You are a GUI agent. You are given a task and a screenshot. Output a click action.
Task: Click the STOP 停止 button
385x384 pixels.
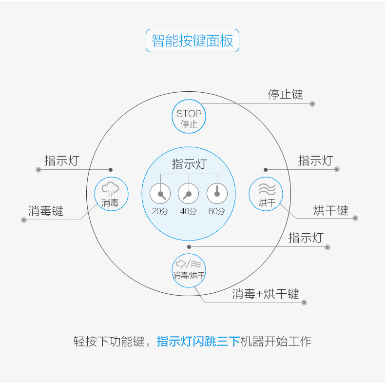189,117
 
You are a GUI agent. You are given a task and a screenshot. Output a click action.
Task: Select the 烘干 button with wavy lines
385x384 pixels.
266,193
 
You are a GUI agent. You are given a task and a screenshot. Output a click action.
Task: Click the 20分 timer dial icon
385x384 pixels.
160,194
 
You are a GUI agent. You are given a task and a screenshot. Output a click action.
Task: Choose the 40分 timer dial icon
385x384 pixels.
189,194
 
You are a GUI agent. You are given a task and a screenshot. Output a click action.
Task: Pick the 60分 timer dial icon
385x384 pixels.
217,194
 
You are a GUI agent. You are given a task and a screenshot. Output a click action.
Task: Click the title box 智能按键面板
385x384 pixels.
192,40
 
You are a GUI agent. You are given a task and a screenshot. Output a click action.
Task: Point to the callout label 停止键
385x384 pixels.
286,94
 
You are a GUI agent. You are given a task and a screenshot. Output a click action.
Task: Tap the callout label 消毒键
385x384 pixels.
46,211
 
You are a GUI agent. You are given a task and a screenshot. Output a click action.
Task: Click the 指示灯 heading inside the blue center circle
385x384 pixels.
189,164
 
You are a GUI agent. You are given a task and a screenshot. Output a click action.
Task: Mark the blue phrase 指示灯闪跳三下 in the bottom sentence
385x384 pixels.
198,341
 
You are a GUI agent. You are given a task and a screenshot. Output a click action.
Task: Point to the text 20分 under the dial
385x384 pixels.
160,212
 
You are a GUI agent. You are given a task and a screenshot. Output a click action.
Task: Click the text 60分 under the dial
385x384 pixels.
217,212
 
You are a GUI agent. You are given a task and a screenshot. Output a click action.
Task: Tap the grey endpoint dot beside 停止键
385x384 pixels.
312,104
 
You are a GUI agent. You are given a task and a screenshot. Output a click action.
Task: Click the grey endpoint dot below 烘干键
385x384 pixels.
355,218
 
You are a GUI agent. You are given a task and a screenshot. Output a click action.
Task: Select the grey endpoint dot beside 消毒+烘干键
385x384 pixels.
304,303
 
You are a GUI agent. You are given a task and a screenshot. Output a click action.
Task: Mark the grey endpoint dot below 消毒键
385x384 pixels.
23,220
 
